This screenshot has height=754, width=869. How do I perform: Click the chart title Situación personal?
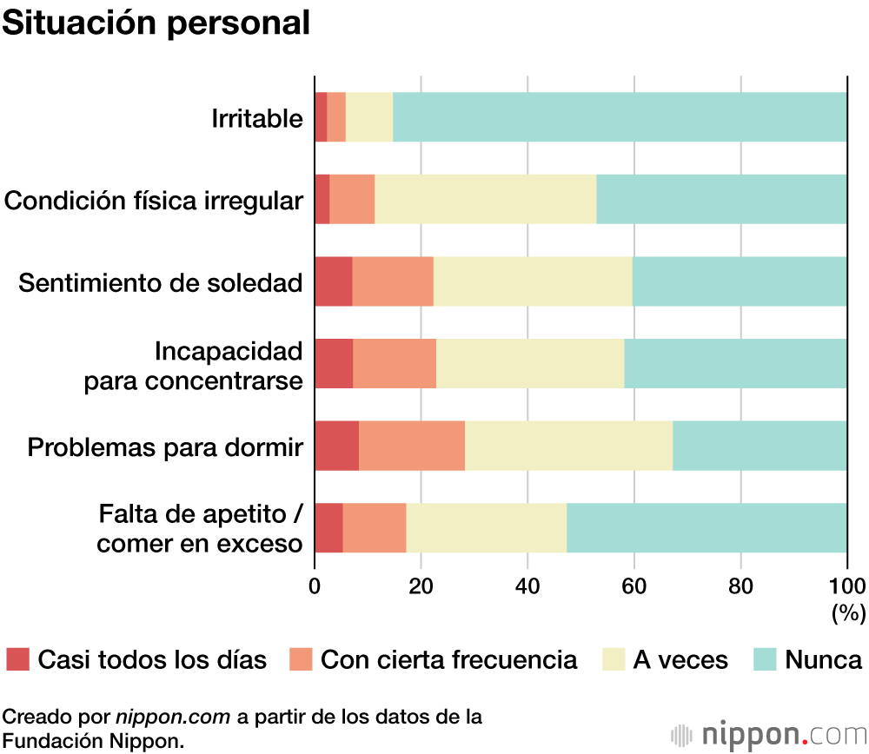156,23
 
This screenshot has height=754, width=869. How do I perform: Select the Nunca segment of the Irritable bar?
620,116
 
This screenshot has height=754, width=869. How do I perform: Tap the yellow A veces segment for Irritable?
369,116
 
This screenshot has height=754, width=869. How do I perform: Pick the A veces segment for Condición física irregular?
485,199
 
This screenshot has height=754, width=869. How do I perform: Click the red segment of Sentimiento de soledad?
334,281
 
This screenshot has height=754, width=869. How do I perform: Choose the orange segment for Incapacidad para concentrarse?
395,363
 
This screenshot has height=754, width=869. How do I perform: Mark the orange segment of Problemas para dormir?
412,446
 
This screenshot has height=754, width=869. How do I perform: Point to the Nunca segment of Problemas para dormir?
760,446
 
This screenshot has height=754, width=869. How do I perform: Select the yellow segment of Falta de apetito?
487,527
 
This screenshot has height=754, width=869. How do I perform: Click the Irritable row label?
257,118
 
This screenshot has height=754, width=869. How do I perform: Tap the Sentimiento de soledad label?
161,283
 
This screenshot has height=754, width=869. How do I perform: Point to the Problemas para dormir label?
165,447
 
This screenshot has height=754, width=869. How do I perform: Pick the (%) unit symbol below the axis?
848,613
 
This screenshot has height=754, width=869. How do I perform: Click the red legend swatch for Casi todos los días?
17,659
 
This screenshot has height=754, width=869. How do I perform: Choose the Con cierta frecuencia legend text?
448,659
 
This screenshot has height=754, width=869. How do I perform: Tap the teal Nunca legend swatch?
765,659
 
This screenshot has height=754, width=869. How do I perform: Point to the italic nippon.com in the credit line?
173,717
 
